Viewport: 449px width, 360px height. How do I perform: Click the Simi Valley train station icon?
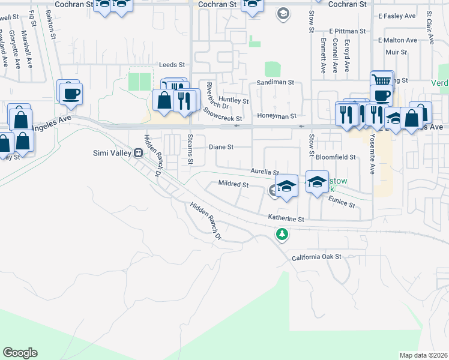138,152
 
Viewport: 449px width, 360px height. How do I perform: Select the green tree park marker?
282,234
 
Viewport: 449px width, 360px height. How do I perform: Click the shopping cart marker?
381,80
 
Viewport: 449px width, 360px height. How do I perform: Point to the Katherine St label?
287,220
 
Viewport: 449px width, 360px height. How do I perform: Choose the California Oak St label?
316,257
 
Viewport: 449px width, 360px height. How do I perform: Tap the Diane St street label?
221,147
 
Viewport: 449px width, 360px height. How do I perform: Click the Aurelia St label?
265,172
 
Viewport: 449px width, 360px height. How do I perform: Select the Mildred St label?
234,184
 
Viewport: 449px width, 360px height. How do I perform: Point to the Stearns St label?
190,150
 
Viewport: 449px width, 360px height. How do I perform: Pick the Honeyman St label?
277,116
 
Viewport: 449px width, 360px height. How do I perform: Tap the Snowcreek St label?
222,114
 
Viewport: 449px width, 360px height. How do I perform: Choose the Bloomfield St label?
336,157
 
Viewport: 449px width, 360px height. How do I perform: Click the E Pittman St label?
347,31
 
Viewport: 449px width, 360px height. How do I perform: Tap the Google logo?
20,353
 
